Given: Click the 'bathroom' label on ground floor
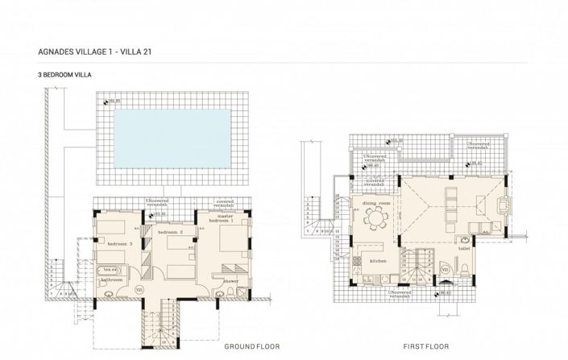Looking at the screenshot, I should click(x=110, y=279).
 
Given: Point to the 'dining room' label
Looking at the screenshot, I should click(x=375, y=204).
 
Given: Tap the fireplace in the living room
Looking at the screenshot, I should click(x=505, y=207).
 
